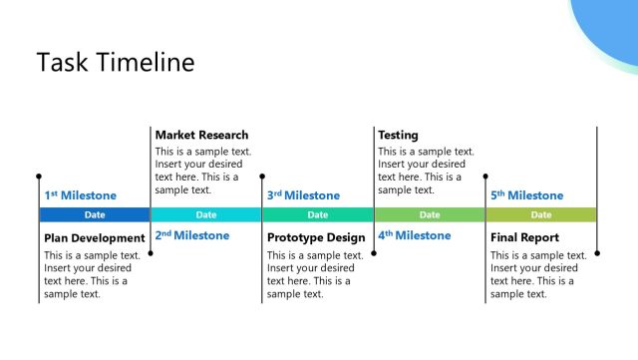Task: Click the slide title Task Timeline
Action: pyautogui.click(x=116, y=63)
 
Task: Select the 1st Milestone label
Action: pyautogui.click(x=80, y=195)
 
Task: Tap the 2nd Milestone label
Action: pyautogui.click(x=191, y=235)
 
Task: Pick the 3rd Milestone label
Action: pyautogui.click(x=303, y=195)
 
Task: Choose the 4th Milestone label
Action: pyautogui.click(x=415, y=235)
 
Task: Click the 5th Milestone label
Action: pyautogui.click(x=526, y=195)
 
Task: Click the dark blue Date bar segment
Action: pyautogui.click(x=95, y=214)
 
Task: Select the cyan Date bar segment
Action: pyautogui.click(x=206, y=214)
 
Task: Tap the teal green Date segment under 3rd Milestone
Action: pyautogui.click(x=318, y=214)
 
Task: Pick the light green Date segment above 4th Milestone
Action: pyautogui.click(x=430, y=214)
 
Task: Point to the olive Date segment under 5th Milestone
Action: pyautogui.click(x=541, y=214)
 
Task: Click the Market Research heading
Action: pyautogui.click(x=201, y=135)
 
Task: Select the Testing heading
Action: pyautogui.click(x=398, y=135)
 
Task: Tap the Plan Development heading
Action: pyautogui.click(x=94, y=238)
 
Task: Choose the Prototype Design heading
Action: pyautogui.click(x=316, y=238)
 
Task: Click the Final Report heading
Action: pyautogui.click(x=524, y=238)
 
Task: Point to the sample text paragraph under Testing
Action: pyautogui.click(x=426, y=171)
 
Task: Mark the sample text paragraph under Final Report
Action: pyautogui.click(x=537, y=274)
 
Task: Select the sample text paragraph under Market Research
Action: pyautogui.click(x=202, y=171)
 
